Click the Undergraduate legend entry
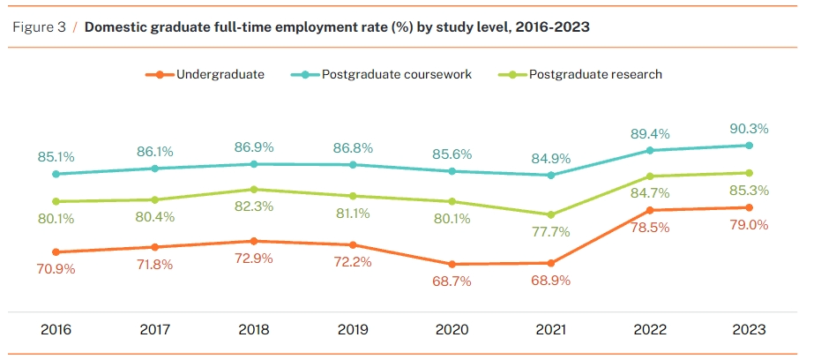click(x=220, y=74)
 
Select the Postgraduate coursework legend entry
click(x=396, y=74)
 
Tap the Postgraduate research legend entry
click(x=595, y=74)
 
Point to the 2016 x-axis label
click(x=56, y=330)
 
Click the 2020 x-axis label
click(x=452, y=330)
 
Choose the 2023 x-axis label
click(x=749, y=330)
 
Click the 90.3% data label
click(x=749, y=128)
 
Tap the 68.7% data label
click(x=452, y=281)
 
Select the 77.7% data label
click(x=551, y=232)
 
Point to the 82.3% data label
click(x=254, y=206)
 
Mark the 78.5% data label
click(x=650, y=227)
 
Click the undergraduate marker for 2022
click(x=650, y=210)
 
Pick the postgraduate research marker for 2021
click(x=551, y=214)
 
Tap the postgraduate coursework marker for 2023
click(x=749, y=145)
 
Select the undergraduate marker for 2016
click(x=56, y=252)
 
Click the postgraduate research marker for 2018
click(x=254, y=189)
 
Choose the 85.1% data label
click(x=56, y=157)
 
